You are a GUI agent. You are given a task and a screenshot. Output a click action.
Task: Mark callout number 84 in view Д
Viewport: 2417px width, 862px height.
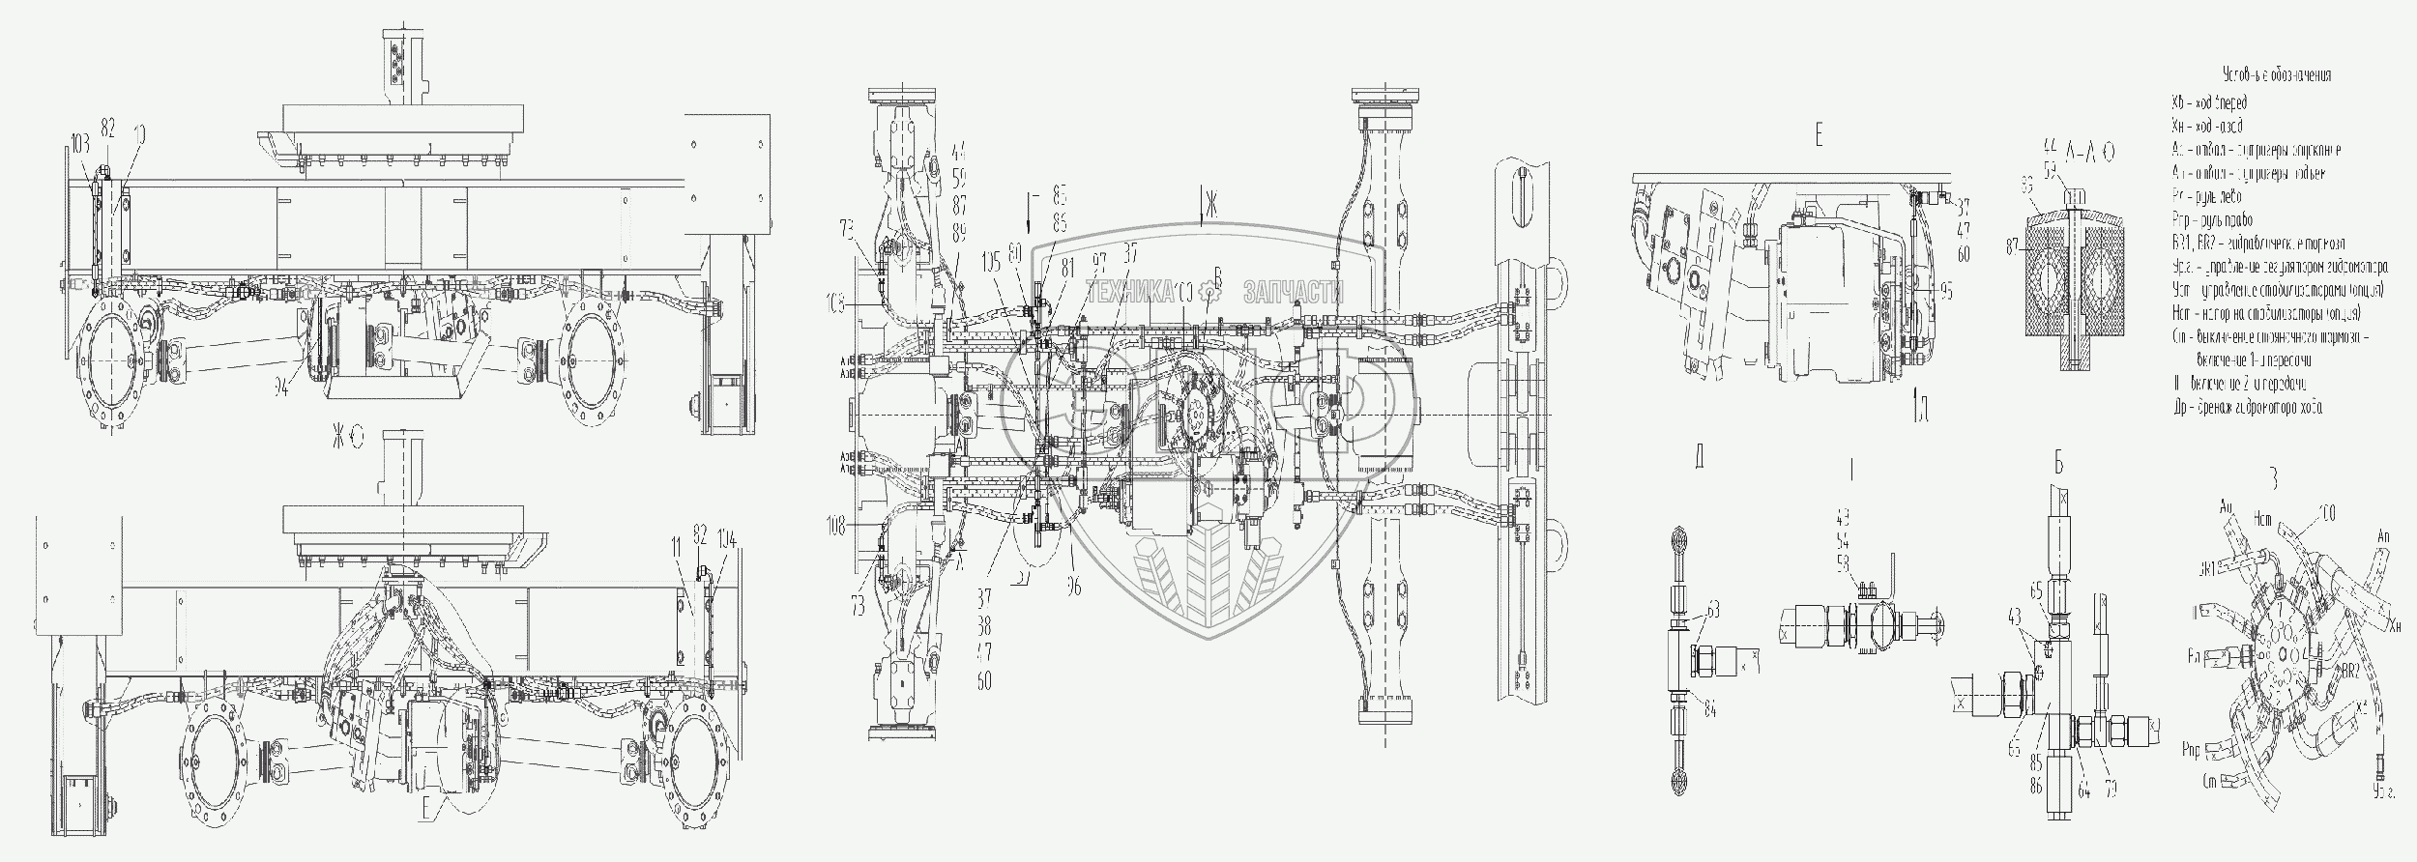click(x=1710, y=712)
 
